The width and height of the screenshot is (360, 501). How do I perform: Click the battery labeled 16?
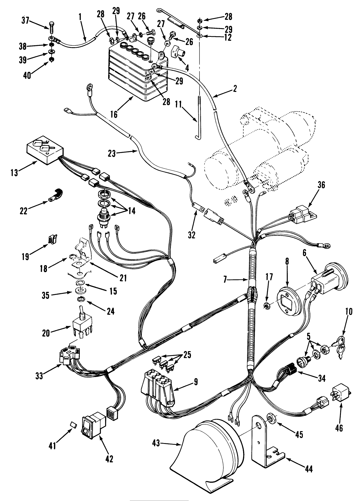pyautogui.click(x=135, y=76)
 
